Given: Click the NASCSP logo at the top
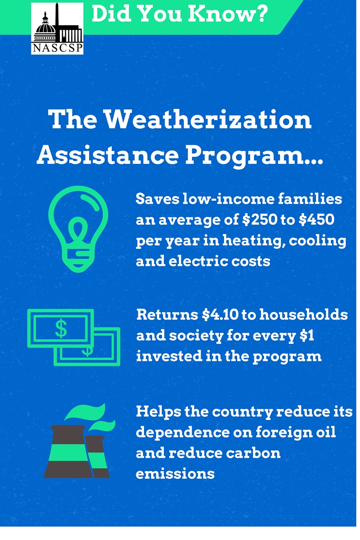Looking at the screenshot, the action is pos(57,28).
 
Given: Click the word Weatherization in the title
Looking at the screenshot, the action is pos(208,119).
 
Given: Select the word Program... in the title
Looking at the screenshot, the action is pos(254,156).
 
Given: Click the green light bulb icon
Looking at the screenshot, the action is pos(78,229).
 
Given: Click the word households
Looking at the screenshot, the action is pos(304,315).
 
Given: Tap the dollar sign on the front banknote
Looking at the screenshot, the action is pos(61,328).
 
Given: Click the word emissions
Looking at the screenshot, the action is pos(175,474).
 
